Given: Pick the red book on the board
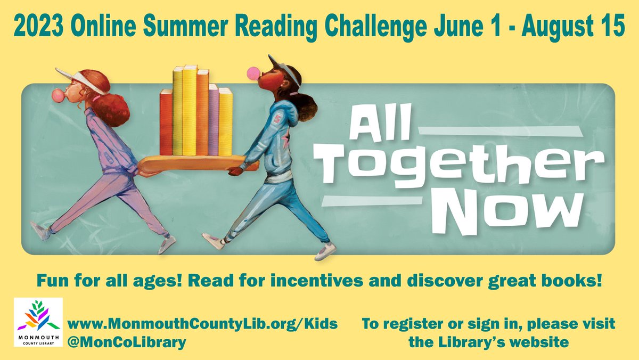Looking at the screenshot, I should [166, 122].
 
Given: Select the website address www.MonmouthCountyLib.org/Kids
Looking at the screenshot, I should [202, 323].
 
